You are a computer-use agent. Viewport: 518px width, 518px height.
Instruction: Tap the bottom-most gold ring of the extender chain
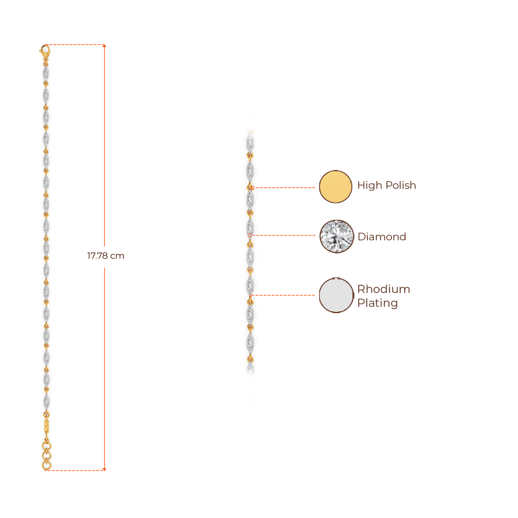[47, 465]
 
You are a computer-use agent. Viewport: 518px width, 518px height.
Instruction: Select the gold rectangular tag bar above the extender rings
[47, 426]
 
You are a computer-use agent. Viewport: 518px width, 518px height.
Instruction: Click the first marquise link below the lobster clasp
[46, 74]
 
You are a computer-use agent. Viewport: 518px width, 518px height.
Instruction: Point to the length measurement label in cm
[105, 256]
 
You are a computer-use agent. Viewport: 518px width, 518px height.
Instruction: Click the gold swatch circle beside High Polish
[335, 187]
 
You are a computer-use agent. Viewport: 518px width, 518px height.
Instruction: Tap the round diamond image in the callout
[335, 236]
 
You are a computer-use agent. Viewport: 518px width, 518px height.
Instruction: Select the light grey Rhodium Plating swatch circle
[336, 295]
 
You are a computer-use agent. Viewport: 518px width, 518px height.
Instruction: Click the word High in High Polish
[369, 186]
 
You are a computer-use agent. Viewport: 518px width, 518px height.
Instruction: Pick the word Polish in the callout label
[401, 186]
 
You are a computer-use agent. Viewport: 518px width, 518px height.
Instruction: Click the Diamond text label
[382, 237]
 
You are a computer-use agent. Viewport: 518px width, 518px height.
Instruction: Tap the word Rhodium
[384, 289]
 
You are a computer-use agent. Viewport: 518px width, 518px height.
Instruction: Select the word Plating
[377, 304]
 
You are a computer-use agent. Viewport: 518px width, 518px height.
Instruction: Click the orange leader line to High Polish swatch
[285, 188]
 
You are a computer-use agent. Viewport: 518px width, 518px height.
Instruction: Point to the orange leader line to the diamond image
[286, 236]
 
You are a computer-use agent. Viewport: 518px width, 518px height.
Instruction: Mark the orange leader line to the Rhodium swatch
[286, 295]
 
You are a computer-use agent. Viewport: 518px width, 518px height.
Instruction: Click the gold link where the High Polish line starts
[250, 188]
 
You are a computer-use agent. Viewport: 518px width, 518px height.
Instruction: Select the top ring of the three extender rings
[47, 446]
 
